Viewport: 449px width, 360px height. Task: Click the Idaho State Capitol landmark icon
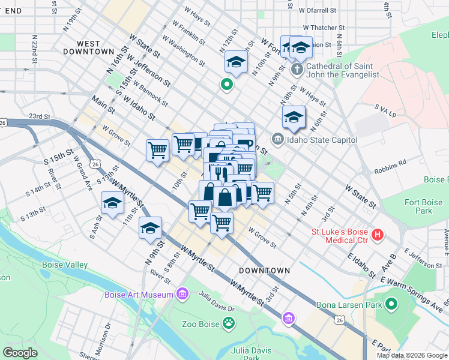pyautogui.click(x=278, y=140)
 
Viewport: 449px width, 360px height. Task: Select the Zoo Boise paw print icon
pyautogui.click(x=229, y=323)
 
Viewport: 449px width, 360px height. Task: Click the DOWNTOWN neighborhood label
pyautogui.click(x=264, y=271)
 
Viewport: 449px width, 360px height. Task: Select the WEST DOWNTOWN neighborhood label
pyautogui.click(x=97, y=49)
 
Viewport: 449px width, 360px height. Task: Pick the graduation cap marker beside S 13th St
pyautogui.click(x=112, y=203)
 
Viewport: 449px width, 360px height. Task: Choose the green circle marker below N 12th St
pyautogui.click(x=227, y=85)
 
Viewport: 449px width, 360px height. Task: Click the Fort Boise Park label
pyautogui.click(x=418, y=206)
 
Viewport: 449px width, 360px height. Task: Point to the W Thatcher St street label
pyautogui.click(x=324, y=28)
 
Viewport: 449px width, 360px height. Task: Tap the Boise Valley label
pyautogui.click(x=65, y=265)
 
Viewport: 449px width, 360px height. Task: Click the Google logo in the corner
pyautogui.click(x=20, y=353)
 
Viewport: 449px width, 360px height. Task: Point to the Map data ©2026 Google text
pyautogui.click(x=412, y=355)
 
